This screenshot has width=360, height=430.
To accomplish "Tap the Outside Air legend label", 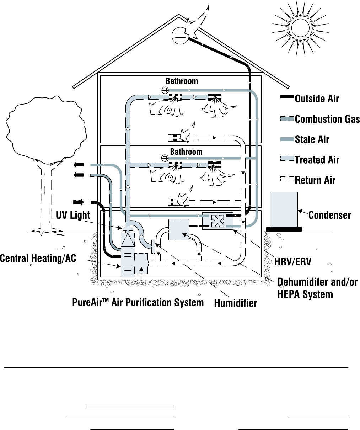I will (x=317, y=99).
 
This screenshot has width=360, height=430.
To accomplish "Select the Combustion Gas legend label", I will (x=327, y=119).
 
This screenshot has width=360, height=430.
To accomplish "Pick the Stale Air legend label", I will (x=312, y=139).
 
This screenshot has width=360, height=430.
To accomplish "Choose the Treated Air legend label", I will (x=317, y=160).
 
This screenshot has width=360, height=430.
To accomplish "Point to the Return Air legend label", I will (x=315, y=180).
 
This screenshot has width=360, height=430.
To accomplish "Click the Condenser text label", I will (x=329, y=215).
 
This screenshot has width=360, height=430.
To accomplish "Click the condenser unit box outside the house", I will (x=284, y=210).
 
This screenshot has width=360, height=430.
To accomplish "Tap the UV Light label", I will (x=73, y=215).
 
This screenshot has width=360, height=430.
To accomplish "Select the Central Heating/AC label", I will (x=38, y=258).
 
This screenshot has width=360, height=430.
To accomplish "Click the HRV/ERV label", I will (x=293, y=262).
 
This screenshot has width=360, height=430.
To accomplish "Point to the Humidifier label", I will (x=236, y=303).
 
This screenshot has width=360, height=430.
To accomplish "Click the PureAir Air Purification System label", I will (x=138, y=302).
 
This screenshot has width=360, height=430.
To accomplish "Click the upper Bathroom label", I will (x=182, y=81).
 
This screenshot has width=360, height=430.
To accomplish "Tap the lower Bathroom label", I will (x=186, y=152).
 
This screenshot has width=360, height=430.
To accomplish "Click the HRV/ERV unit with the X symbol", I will (x=217, y=221).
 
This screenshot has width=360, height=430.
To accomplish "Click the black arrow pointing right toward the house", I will (x=78, y=202).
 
